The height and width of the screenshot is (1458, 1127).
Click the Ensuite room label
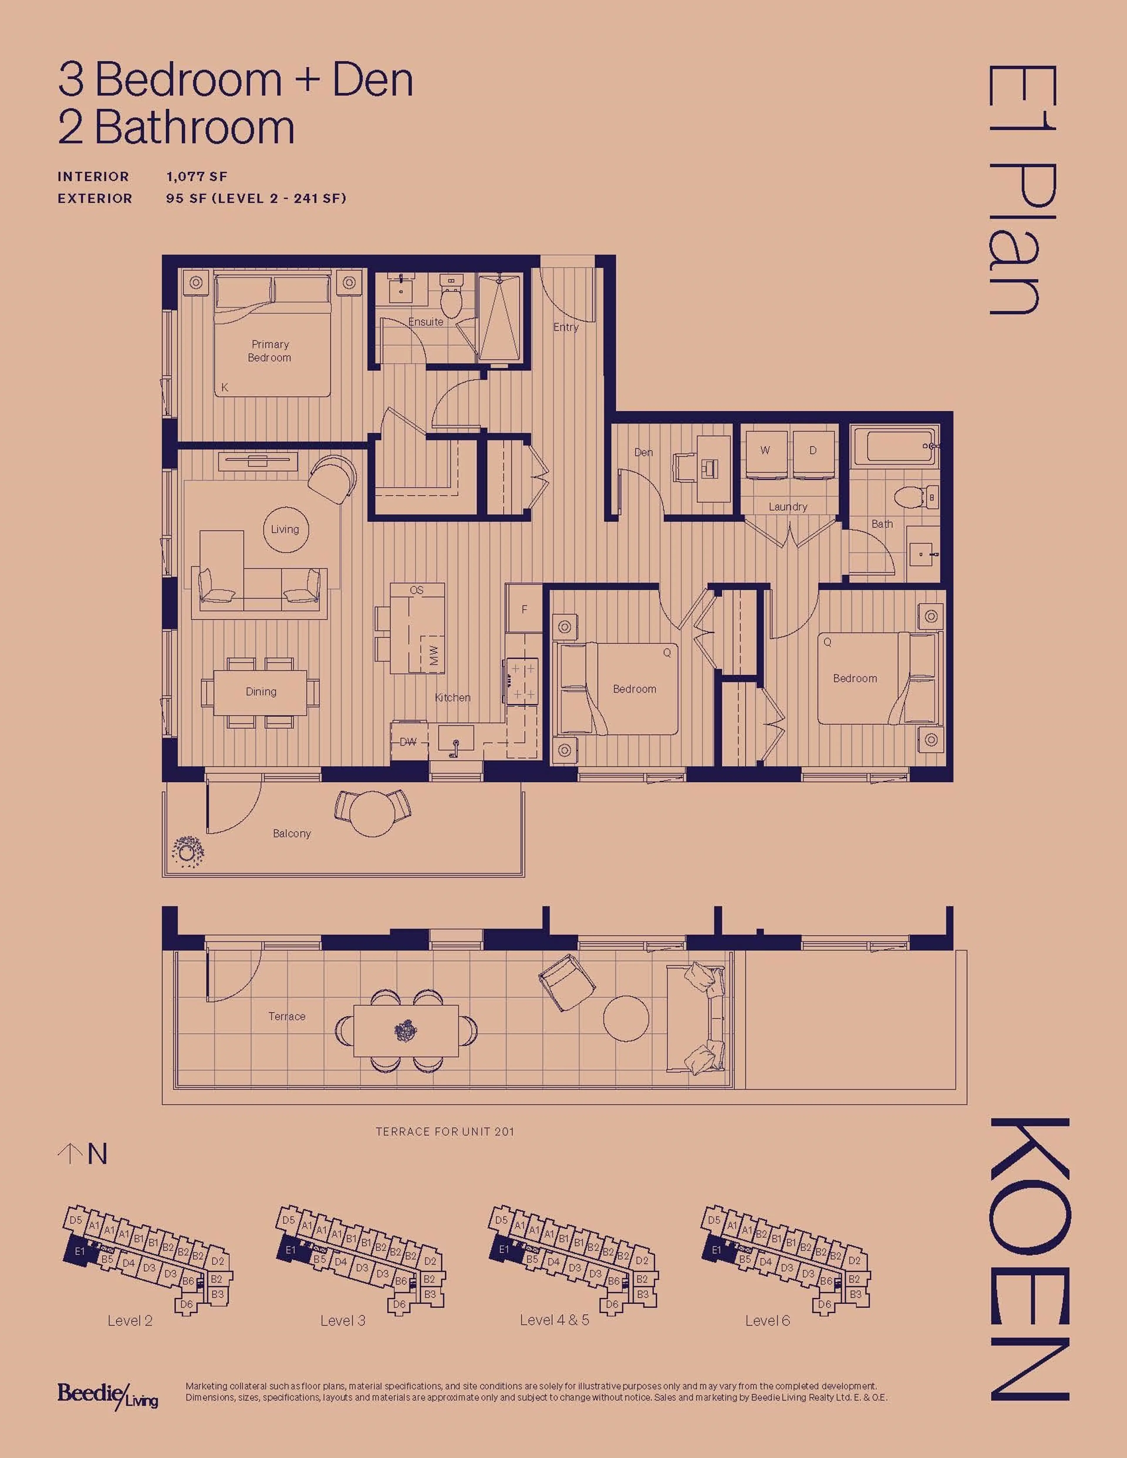tap(425, 322)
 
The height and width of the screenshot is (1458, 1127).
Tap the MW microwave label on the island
tap(434, 654)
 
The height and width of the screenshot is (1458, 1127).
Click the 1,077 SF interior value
tap(197, 177)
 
